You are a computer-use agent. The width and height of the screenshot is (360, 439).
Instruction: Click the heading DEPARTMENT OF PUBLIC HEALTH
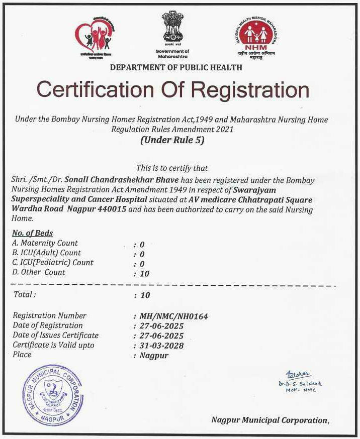pyautogui.click(x=176, y=67)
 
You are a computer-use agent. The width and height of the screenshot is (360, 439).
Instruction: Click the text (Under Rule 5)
pyautogui.click(x=172, y=141)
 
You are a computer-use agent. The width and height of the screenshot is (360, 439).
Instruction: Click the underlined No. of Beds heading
pyautogui.click(x=32, y=233)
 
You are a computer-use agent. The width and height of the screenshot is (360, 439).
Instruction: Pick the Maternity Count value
pyautogui.click(x=142, y=245)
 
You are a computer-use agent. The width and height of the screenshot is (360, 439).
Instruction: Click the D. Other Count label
pyautogui.click(x=39, y=272)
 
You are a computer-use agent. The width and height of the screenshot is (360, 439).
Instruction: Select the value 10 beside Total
pyautogui.click(x=145, y=295)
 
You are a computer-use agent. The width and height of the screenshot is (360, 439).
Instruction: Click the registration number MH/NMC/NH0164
pyautogui.click(x=173, y=316)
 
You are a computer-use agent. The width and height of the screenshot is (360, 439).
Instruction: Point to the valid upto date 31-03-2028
pyautogui.click(x=161, y=346)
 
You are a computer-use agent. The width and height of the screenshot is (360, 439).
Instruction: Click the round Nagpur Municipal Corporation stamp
pyautogui.click(x=52, y=395)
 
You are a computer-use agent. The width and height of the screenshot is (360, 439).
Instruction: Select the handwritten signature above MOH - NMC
pyautogui.click(x=298, y=375)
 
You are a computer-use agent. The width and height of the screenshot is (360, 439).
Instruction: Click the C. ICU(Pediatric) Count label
pyautogui.click(x=53, y=263)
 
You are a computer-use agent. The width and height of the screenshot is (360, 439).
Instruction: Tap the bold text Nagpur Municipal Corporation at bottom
pyautogui.click(x=269, y=420)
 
